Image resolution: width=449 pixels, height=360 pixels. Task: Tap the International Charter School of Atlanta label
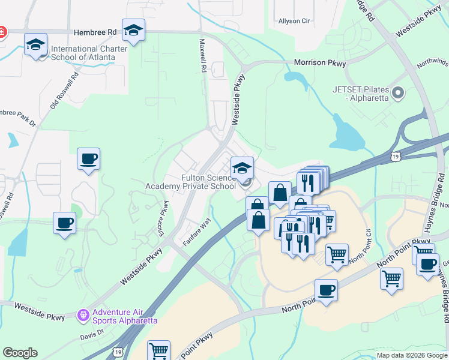point(89,53)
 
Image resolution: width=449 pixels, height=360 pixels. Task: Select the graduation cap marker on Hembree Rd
point(133,30)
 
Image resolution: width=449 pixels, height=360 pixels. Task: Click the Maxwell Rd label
point(203,56)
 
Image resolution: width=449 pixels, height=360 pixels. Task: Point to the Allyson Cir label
point(294,21)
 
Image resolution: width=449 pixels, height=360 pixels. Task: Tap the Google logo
point(20,353)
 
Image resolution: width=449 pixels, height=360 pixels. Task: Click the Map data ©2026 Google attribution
point(411,355)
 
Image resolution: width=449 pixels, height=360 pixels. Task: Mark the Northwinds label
point(432,61)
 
